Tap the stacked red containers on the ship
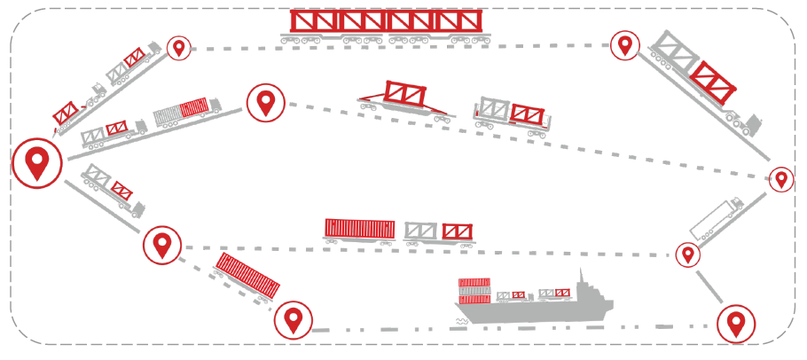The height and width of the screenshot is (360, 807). tap(474, 290)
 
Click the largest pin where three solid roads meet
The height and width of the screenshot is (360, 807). tap(36, 163)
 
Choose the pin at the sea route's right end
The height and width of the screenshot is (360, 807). tap(735, 324)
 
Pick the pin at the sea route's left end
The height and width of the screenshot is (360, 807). tap(293, 320)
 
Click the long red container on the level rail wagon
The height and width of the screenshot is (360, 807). tap(359, 229)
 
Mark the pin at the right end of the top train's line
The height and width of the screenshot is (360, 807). tap(625, 44)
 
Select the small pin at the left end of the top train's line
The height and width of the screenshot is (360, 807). tap(180, 48)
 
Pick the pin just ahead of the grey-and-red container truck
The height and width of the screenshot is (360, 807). tap(264, 104)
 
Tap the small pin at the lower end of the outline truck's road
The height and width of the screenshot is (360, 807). tap(687, 255)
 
